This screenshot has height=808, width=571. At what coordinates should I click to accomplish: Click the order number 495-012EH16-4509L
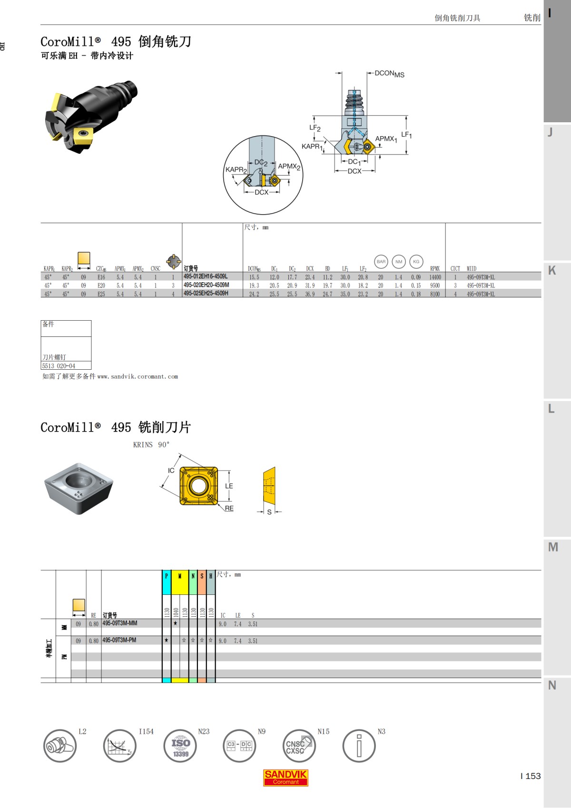tap(206, 276)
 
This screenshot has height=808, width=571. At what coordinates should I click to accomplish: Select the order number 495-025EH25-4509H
tap(206, 294)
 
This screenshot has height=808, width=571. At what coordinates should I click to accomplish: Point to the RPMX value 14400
tap(435, 277)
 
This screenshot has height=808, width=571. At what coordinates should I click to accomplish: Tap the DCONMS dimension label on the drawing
tap(389, 74)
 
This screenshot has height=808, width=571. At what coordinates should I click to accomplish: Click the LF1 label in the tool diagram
tap(406, 135)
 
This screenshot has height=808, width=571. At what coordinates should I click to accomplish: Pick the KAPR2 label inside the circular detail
tap(236, 170)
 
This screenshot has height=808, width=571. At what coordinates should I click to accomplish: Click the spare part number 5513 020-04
tap(59, 366)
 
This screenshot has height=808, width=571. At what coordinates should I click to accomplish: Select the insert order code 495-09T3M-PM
tap(119, 640)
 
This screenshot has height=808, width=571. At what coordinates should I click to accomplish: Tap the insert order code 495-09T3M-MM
tap(120, 623)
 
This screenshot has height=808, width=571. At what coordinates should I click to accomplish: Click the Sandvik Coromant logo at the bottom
tap(285, 777)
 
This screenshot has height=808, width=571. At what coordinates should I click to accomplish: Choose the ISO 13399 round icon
tap(180, 746)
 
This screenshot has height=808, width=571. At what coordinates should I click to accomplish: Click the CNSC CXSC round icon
tap(299, 746)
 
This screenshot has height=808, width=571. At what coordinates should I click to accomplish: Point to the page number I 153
tap(531, 776)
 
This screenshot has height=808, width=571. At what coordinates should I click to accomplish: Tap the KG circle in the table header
tap(416, 262)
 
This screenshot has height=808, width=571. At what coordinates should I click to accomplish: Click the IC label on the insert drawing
tap(171, 471)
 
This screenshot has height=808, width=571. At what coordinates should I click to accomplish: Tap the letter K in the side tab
tap(552, 271)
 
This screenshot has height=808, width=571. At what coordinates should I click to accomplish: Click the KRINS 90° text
tap(151, 445)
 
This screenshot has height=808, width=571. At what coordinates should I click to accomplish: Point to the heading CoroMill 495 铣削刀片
tap(116, 427)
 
